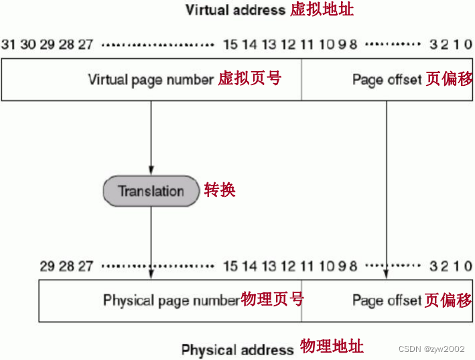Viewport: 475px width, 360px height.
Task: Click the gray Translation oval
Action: [x=151, y=191]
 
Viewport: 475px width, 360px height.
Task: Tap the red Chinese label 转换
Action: [x=220, y=190]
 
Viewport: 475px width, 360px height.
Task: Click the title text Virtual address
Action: [x=234, y=10]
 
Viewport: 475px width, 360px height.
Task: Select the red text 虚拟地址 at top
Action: [x=322, y=9]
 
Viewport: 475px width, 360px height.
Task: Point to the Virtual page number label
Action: [x=150, y=79]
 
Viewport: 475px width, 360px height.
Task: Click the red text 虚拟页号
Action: [x=249, y=78]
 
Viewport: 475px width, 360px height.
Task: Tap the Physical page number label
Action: [x=171, y=300]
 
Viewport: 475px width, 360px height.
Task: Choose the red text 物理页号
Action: [x=272, y=300]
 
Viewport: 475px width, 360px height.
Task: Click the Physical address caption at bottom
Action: [x=237, y=349]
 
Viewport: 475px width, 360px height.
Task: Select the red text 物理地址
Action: [x=332, y=347]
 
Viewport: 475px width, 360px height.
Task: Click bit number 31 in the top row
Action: [x=8, y=45]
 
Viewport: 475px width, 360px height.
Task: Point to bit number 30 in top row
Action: [x=27, y=45]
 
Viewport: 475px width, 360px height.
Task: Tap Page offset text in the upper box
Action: [x=387, y=79]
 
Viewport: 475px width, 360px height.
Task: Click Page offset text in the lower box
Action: [x=387, y=300]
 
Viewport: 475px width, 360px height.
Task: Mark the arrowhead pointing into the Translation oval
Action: [x=151, y=170]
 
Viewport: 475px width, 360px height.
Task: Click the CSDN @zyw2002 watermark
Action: [x=431, y=349]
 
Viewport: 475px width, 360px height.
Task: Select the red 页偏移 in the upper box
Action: [x=449, y=79]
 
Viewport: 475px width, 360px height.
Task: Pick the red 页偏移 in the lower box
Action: [x=449, y=300]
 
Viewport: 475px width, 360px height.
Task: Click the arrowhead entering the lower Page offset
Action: [x=387, y=274]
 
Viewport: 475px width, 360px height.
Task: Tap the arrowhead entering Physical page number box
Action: [x=151, y=274]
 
